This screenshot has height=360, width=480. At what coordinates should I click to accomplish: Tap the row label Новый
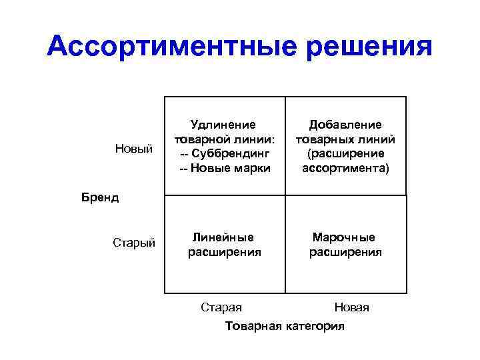135,147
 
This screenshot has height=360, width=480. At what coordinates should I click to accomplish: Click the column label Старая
221,307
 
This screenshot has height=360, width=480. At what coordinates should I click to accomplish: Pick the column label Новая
351,307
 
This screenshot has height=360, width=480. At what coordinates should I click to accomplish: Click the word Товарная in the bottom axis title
255,326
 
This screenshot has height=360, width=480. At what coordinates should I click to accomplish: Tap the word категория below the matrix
315,326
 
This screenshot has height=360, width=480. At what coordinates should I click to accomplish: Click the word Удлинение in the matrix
224,124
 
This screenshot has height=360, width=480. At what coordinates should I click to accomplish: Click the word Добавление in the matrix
345,124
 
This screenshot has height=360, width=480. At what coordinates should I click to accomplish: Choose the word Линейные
223,237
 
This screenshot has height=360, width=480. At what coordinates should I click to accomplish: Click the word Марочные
345,237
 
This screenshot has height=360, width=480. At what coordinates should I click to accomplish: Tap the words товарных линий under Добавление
345,139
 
